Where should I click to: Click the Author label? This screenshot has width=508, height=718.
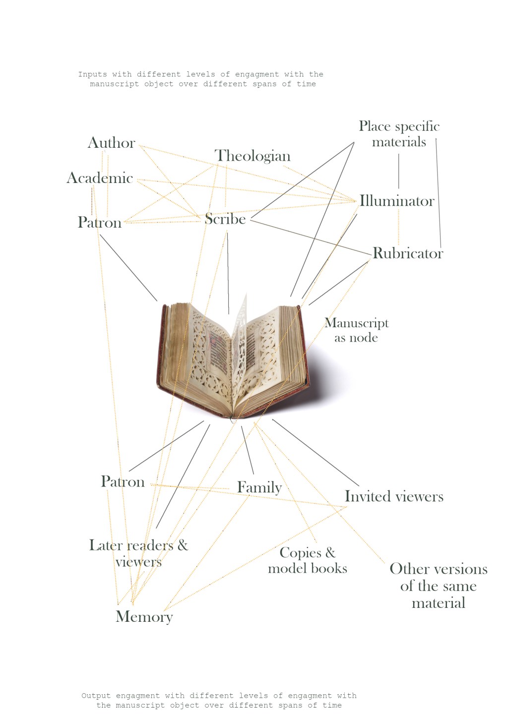(111, 143)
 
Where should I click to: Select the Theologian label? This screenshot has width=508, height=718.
(253, 156)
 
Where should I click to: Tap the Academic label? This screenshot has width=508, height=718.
(100, 178)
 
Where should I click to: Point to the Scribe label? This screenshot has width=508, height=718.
(225, 219)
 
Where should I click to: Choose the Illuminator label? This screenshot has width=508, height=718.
(397, 201)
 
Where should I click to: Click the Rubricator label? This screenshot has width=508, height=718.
(408, 253)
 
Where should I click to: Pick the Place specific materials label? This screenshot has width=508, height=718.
(399, 134)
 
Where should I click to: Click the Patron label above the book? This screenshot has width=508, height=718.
(100, 222)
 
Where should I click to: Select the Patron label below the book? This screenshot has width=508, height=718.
(123, 481)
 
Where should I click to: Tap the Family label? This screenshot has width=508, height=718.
(259, 487)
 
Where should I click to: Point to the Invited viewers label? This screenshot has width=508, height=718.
(394, 496)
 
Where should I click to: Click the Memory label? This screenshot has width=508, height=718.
(144, 616)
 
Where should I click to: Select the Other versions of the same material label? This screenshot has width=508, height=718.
(439, 586)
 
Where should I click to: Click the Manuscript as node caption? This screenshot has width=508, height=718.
(356, 330)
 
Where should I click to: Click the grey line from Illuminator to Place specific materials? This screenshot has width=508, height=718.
(399, 171)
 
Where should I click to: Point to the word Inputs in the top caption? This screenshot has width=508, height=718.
(93, 75)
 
